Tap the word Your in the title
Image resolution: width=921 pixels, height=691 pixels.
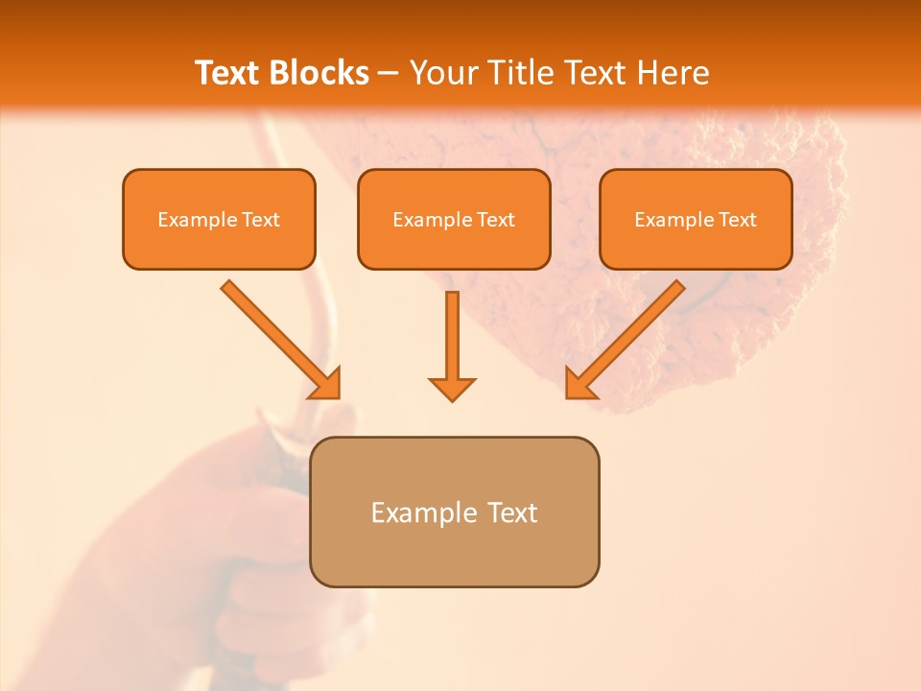[x=444, y=73]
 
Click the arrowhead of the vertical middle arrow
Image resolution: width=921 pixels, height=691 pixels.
[x=452, y=388]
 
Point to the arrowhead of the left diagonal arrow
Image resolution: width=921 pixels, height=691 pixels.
[x=326, y=384]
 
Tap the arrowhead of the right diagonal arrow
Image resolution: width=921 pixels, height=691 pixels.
[x=579, y=384]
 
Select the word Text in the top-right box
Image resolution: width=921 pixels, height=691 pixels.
[x=738, y=220]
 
